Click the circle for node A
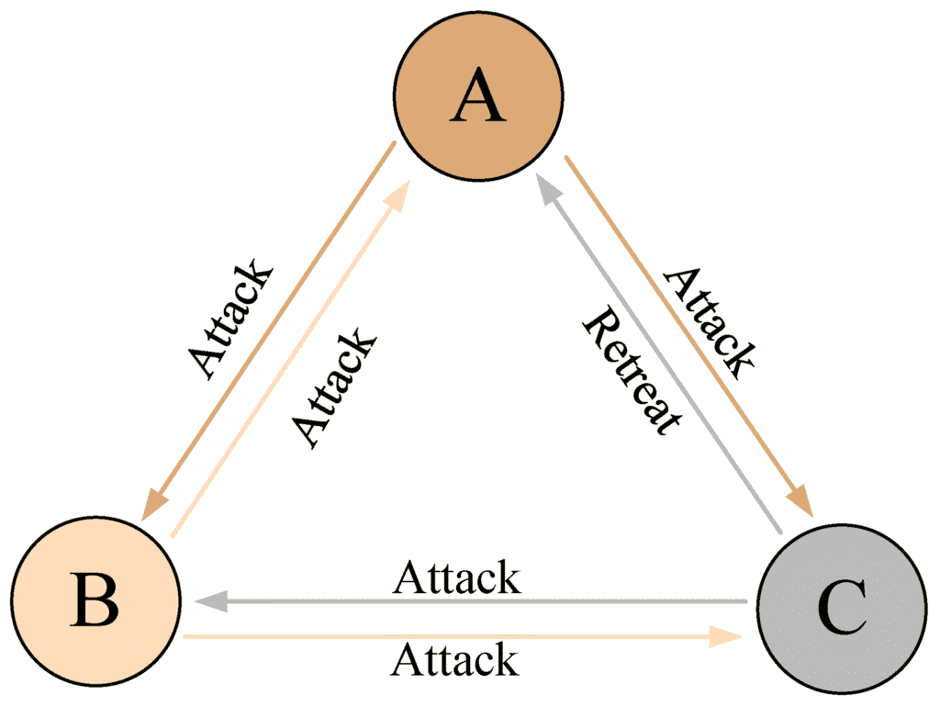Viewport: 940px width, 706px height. (478, 95)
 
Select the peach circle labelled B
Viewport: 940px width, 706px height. (95, 600)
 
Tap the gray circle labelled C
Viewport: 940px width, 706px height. (842, 609)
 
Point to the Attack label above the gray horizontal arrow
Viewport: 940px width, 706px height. (457, 577)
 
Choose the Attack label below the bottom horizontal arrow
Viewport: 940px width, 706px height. (455, 659)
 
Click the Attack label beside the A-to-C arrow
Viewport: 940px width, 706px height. (710, 324)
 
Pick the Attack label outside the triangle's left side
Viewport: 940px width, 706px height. (230, 319)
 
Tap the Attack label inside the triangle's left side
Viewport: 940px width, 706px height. (334, 388)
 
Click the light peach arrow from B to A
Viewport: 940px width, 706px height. (290, 358)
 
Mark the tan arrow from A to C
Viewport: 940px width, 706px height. (688, 336)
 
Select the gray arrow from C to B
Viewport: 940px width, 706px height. (471, 601)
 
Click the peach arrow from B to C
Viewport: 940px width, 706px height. (464, 636)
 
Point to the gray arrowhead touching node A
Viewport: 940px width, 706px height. (549, 189)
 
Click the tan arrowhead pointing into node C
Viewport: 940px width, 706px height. (800, 499)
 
